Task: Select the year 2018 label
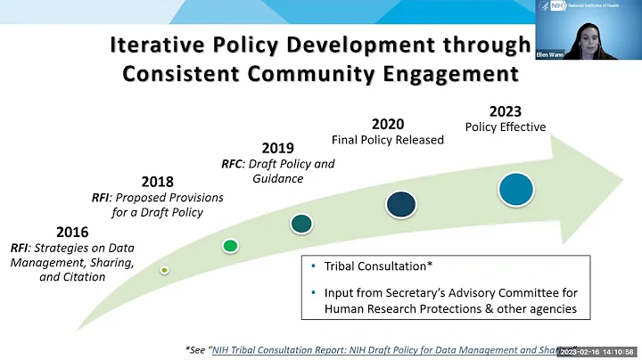pos(157,181)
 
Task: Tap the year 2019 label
pos(278,147)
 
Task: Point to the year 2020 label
pos(387,123)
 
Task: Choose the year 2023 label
pos(506,111)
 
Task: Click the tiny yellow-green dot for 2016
pos(165,268)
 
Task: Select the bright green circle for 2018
pos(230,245)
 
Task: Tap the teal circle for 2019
pos(301,223)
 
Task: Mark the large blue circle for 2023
pos(516,189)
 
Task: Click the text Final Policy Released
pos(387,140)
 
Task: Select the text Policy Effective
pos(506,127)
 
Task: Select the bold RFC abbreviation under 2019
pos(233,164)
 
